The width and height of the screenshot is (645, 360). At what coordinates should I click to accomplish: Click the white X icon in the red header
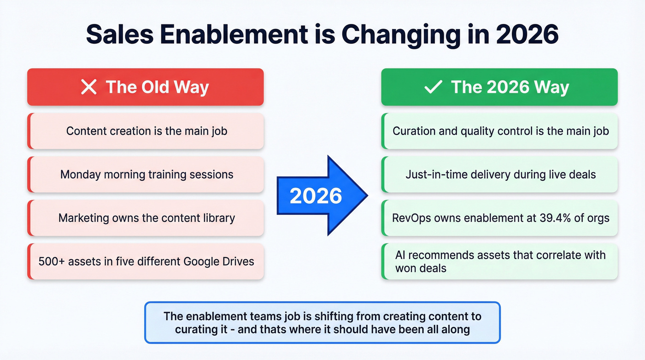click(x=88, y=87)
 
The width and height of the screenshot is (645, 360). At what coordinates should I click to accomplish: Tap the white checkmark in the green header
click(x=433, y=87)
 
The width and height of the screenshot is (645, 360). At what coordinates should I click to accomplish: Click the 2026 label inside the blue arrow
click(x=316, y=196)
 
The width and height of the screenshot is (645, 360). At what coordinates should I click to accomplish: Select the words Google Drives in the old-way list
click(x=219, y=261)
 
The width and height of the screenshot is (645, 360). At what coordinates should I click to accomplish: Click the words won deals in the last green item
click(x=421, y=268)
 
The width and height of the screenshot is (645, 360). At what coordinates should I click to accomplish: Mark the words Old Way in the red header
click(x=173, y=87)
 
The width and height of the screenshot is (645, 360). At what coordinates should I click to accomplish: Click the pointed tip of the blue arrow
click(x=366, y=196)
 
